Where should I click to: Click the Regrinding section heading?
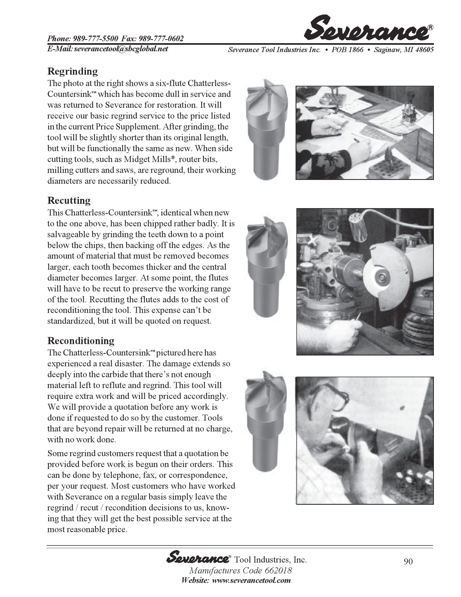tap(72, 71)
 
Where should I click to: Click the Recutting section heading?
tap(69, 200)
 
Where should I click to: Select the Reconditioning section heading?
tap(81, 341)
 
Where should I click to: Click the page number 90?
tap(408, 561)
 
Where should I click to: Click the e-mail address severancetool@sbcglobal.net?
tap(121, 49)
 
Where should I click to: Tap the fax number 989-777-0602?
tap(161, 39)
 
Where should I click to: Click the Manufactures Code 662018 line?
tap(240, 571)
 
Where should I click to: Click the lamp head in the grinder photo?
tap(358, 227)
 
